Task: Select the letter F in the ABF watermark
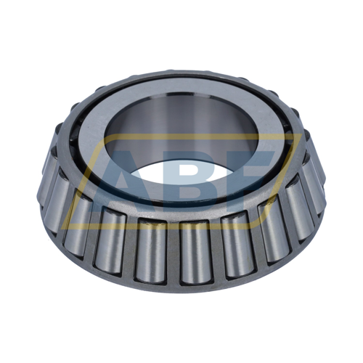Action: pos(254,174)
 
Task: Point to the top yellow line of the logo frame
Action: pos(181,136)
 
